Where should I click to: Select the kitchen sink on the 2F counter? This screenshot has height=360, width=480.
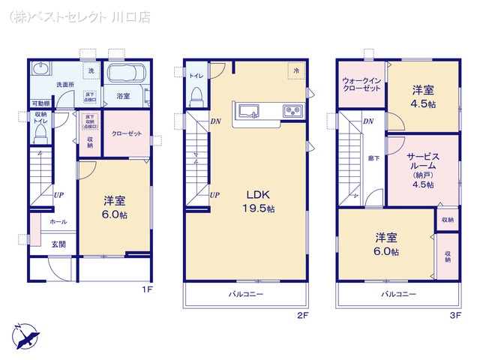pyautogui.click(x=248, y=112)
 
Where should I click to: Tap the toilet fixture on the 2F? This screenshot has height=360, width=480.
pyautogui.click(x=196, y=96)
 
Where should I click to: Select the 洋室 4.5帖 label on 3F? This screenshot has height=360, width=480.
pyautogui.click(x=423, y=97)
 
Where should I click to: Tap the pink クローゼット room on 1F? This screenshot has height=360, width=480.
pyautogui.click(x=124, y=134)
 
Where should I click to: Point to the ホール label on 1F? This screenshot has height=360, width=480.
pyautogui.click(x=58, y=222)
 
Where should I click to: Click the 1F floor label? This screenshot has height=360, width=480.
pyautogui.click(x=147, y=289)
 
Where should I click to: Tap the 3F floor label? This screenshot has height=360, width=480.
pyautogui.click(x=454, y=316)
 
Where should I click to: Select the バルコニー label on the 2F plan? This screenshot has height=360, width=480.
pyautogui.click(x=246, y=295)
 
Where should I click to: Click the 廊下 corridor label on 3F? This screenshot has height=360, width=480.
pyautogui.click(x=373, y=158)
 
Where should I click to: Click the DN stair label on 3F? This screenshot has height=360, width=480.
pyautogui.click(x=367, y=121)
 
